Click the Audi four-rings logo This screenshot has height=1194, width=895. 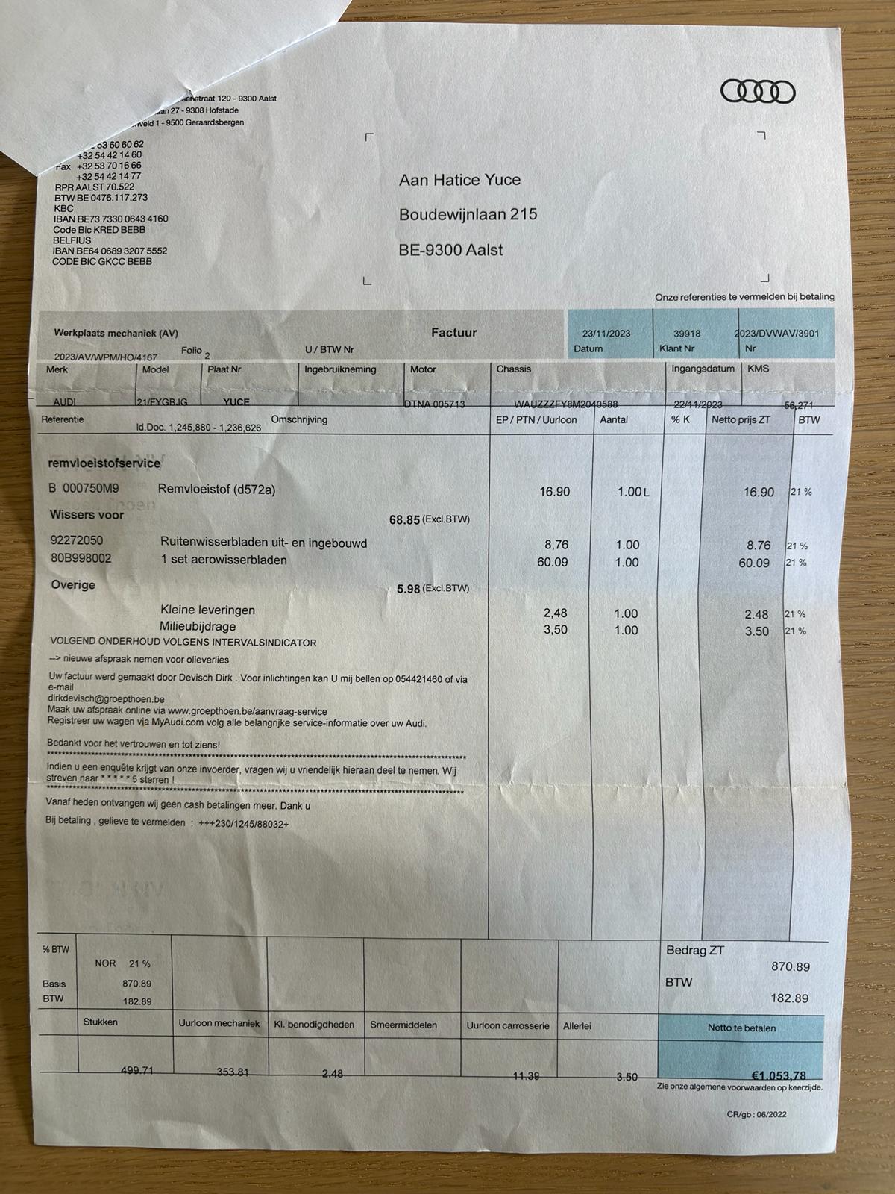pos(757,92)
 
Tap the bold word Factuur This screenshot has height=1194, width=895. pos(453,333)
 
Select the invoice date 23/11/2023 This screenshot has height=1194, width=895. pos(606,334)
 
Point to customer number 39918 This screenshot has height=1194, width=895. pos(687,334)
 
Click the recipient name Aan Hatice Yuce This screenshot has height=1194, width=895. pos(459,180)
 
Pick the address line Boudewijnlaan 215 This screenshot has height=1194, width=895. pos(468,214)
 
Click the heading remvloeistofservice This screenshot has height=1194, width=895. pos(104,463)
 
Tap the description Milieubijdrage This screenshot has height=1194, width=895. pos(198,627)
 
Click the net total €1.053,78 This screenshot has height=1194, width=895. pos(778,1075)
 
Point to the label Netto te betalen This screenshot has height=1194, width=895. pos(741,1028)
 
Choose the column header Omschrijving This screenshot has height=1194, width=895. pos(299,419)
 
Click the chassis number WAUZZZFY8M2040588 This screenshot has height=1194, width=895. pos(566,404)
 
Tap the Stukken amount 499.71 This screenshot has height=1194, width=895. pos(137,1070)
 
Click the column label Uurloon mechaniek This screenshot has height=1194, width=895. pos(219,1024)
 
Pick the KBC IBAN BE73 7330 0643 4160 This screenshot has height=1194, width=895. pos(110,219)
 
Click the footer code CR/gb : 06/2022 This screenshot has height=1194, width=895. pos(756,1115)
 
